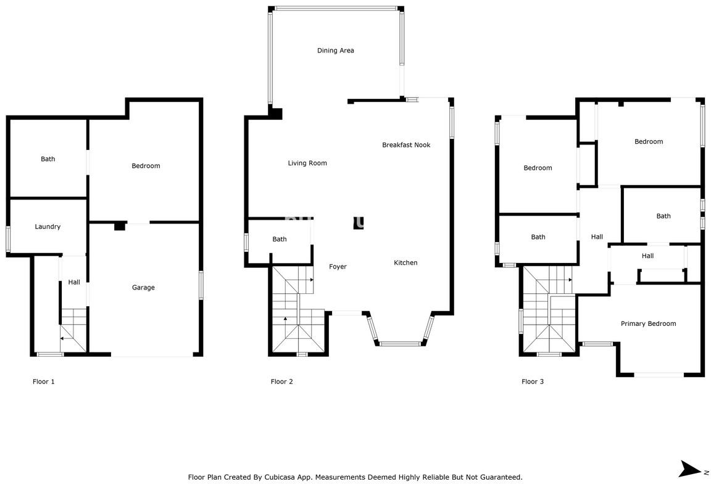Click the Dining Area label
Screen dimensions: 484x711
click(335, 51)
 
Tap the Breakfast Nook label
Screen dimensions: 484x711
click(405, 145)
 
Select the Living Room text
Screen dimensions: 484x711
click(307, 164)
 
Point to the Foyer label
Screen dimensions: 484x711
click(338, 267)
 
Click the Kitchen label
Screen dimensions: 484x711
click(405, 263)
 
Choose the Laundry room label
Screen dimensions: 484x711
click(48, 227)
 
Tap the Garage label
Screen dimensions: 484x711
click(143, 288)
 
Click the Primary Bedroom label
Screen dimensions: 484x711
click(648, 323)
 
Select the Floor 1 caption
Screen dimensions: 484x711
click(43, 382)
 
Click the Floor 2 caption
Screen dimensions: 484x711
click(281, 382)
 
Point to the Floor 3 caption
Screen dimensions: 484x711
click(533, 382)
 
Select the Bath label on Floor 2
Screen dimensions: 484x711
click(280, 240)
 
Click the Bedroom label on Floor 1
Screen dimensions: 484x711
click(146, 166)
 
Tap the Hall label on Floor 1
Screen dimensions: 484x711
click(74, 283)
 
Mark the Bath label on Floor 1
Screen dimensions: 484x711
click(48, 159)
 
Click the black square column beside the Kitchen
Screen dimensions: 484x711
click(359, 223)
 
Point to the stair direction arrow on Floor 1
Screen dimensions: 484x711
click(64, 338)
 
